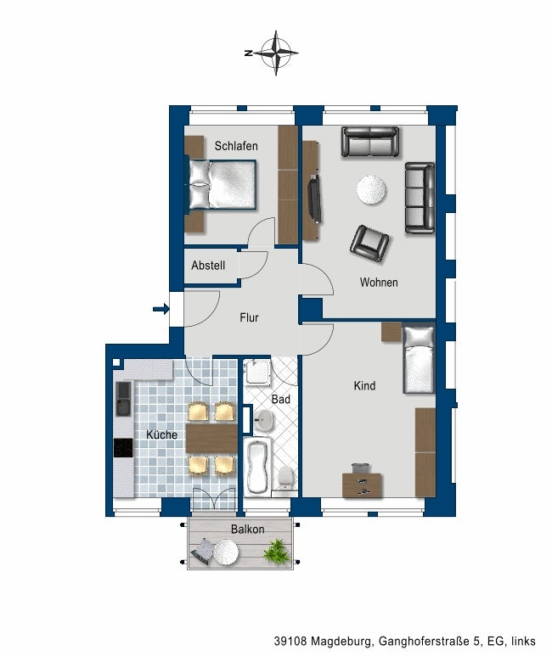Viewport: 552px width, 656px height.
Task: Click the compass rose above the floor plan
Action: point(275,53)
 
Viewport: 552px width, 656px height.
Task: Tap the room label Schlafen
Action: point(236,146)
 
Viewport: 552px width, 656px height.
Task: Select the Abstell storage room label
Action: point(208,266)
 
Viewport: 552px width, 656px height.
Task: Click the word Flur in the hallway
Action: point(249,317)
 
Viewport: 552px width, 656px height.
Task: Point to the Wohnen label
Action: point(379,283)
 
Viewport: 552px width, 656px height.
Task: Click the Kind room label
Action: point(364,386)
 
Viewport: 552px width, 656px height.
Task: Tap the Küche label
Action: point(161,435)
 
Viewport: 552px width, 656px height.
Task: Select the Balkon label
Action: point(247,530)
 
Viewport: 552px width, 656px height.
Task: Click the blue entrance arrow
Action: point(161,310)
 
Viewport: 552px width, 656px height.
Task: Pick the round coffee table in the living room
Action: point(371,190)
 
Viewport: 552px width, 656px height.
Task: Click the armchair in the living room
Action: point(369,244)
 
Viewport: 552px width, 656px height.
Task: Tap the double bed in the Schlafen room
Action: point(221,184)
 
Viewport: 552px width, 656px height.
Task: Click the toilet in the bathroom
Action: point(285,478)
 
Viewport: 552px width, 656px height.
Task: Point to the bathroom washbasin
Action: point(263,419)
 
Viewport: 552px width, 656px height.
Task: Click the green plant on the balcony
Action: point(276,551)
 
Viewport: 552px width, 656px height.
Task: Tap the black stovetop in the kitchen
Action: point(123,447)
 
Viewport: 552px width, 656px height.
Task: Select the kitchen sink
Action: point(123,399)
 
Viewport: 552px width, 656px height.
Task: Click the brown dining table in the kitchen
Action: point(211,439)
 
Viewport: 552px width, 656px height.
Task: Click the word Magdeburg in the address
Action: point(341,641)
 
